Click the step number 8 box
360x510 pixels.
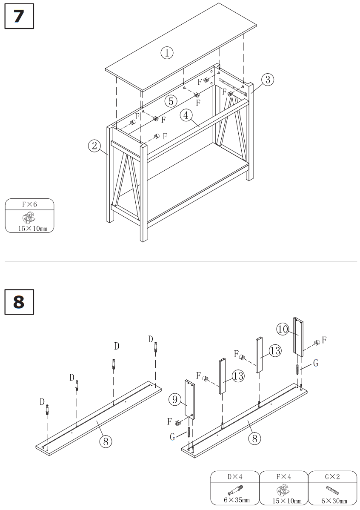[19, 302]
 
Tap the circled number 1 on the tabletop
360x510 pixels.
[167, 53]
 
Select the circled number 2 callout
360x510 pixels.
[94, 146]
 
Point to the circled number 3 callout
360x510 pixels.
[268, 79]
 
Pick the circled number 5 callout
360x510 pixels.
[170, 101]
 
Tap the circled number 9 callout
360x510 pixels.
[174, 400]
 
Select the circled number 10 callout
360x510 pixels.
[283, 329]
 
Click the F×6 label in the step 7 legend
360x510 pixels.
[29, 204]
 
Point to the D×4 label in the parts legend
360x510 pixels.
[234, 476]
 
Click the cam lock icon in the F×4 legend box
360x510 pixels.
[283, 490]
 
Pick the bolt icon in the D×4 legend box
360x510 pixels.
[234, 490]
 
